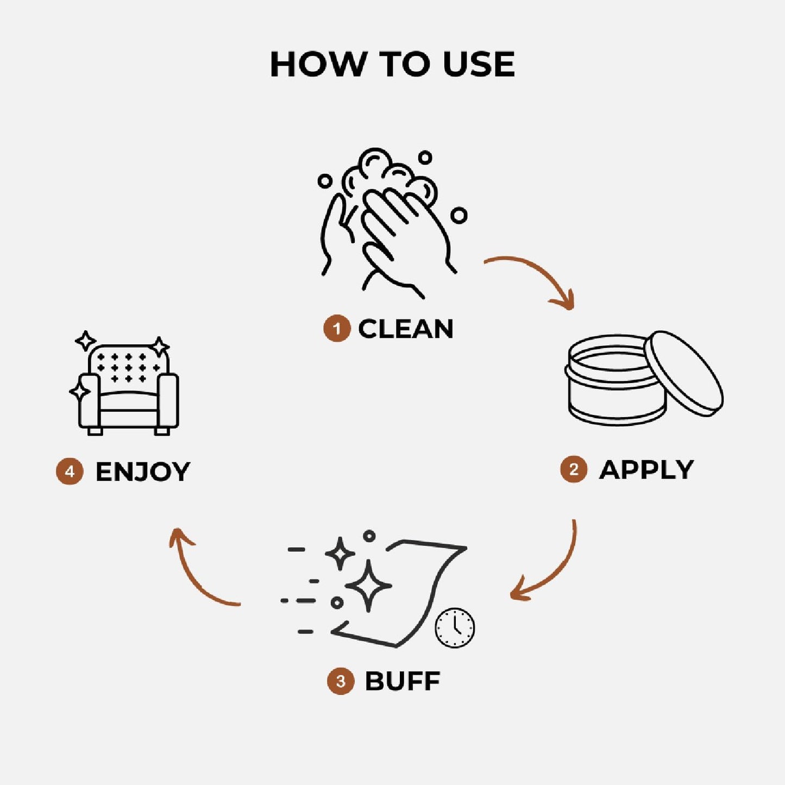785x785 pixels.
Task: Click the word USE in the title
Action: pyautogui.click(x=479, y=64)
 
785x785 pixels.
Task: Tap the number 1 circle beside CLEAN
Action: pyautogui.click(x=337, y=328)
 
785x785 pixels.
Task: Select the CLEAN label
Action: pyautogui.click(x=405, y=329)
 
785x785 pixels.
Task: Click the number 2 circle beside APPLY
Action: pyautogui.click(x=574, y=470)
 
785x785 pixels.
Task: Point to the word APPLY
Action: pyautogui.click(x=646, y=470)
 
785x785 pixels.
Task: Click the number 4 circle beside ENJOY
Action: pyautogui.click(x=70, y=472)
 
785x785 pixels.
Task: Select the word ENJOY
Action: pyautogui.click(x=142, y=472)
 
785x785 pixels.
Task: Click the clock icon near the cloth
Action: pyautogui.click(x=455, y=628)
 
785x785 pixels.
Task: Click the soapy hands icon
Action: pyautogui.click(x=392, y=223)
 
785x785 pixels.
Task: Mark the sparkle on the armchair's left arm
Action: pyautogui.click(x=80, y=392)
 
